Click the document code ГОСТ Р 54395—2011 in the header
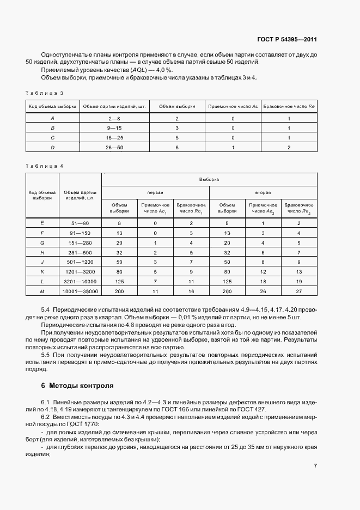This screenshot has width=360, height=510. [287, 40]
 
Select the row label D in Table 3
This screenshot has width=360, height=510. [53, 147]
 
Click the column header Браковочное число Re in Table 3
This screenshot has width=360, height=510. [289, 107]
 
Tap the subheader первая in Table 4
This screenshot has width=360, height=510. [156, 192]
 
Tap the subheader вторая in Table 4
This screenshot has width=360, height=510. [263, 192]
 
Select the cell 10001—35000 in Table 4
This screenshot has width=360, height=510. [80, 292]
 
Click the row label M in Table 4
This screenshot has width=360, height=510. [42, 292]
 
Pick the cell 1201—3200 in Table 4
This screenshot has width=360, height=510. [80, 272]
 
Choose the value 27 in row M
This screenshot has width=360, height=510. [299, 292]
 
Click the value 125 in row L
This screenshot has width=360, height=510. [119, 282]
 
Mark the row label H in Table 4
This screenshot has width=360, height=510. [42, 252]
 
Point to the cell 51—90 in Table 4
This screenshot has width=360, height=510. [80, 223]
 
